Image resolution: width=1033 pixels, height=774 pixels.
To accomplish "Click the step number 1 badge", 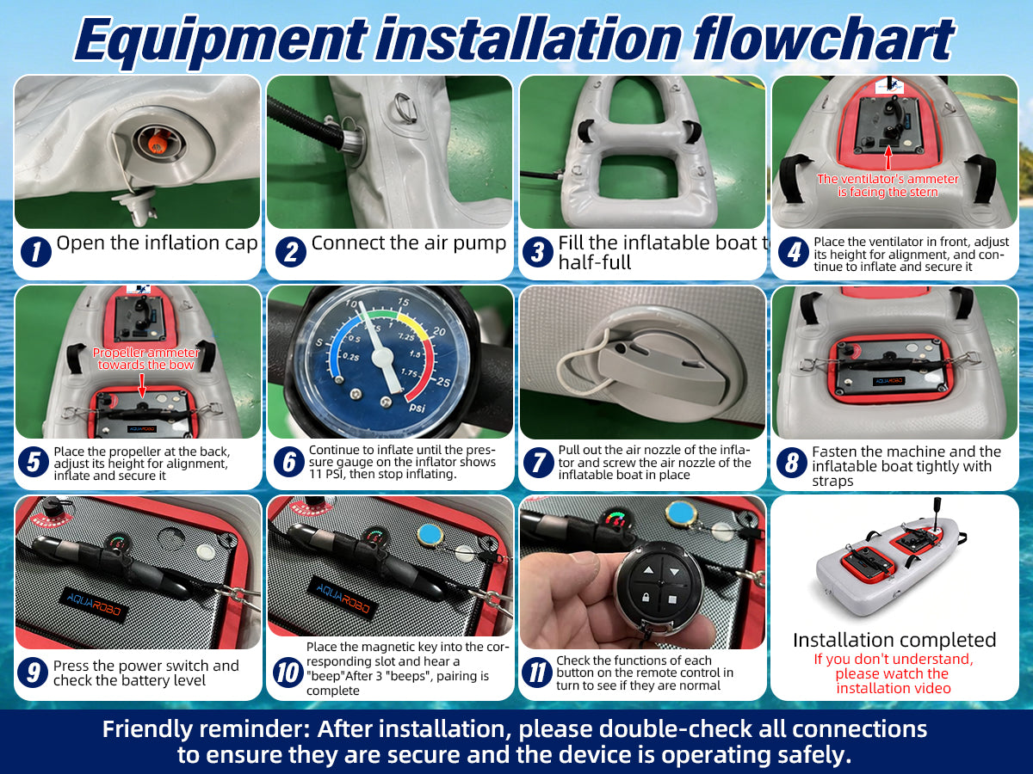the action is click(x=36, y=252).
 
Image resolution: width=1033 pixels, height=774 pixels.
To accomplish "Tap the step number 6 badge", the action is click(x=289, y=462).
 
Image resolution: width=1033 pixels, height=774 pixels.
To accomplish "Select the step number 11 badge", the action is click(x=537, y=673).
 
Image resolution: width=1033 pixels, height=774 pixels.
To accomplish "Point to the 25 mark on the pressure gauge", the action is click(x=443, y=382).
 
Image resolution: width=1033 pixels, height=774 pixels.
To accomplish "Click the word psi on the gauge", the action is click(x=417, y=407).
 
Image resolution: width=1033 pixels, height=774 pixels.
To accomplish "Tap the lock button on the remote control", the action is click(x=647, y=599).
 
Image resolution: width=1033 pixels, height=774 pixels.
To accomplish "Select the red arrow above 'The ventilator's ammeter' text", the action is click(x=888, y=158).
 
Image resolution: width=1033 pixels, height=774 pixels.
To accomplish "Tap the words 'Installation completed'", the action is click(x=894, y=640).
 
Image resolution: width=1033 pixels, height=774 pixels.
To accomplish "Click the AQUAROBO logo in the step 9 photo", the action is click(x=94, y=605).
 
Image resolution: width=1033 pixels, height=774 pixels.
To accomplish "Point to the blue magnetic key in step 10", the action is click(x=430, y=535).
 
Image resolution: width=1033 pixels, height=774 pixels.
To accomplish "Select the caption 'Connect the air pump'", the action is click(x=409, y=243).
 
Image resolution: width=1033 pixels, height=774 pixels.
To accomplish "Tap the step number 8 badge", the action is click(x=792, y=463).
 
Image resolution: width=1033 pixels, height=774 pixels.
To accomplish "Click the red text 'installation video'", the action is click(x=894, y=689).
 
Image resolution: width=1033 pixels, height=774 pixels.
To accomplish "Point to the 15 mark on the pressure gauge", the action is click(x=403, y=302).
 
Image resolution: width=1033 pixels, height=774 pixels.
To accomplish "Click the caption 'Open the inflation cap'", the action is click(x=157, y=243).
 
